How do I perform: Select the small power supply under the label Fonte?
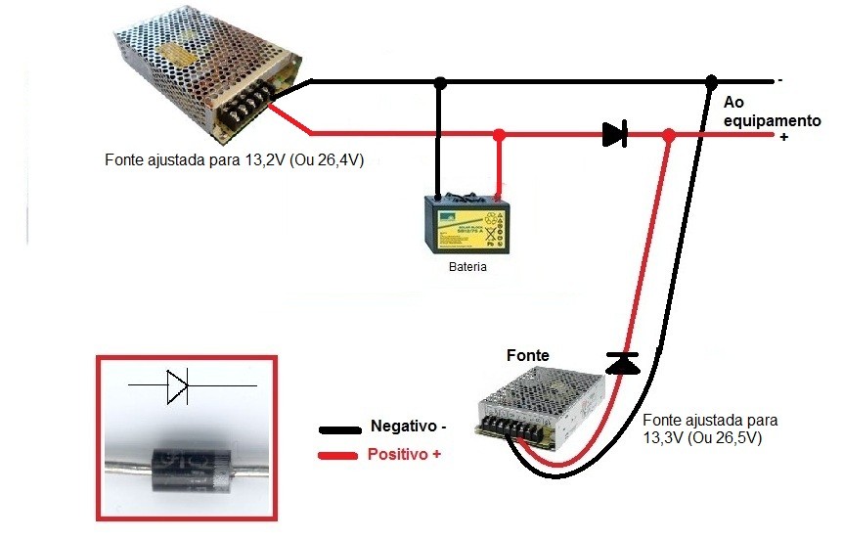pos(539,403)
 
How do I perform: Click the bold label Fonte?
pos(527,355)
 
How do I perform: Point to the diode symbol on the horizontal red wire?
pos(614,134)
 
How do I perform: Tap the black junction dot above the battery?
pos(441,81)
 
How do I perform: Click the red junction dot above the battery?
pos(499,134)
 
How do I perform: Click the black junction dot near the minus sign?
pos(712,81)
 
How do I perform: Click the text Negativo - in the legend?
pos(408,427)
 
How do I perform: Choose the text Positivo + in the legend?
pos(403,455)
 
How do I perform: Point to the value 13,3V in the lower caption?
pos(664,437)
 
